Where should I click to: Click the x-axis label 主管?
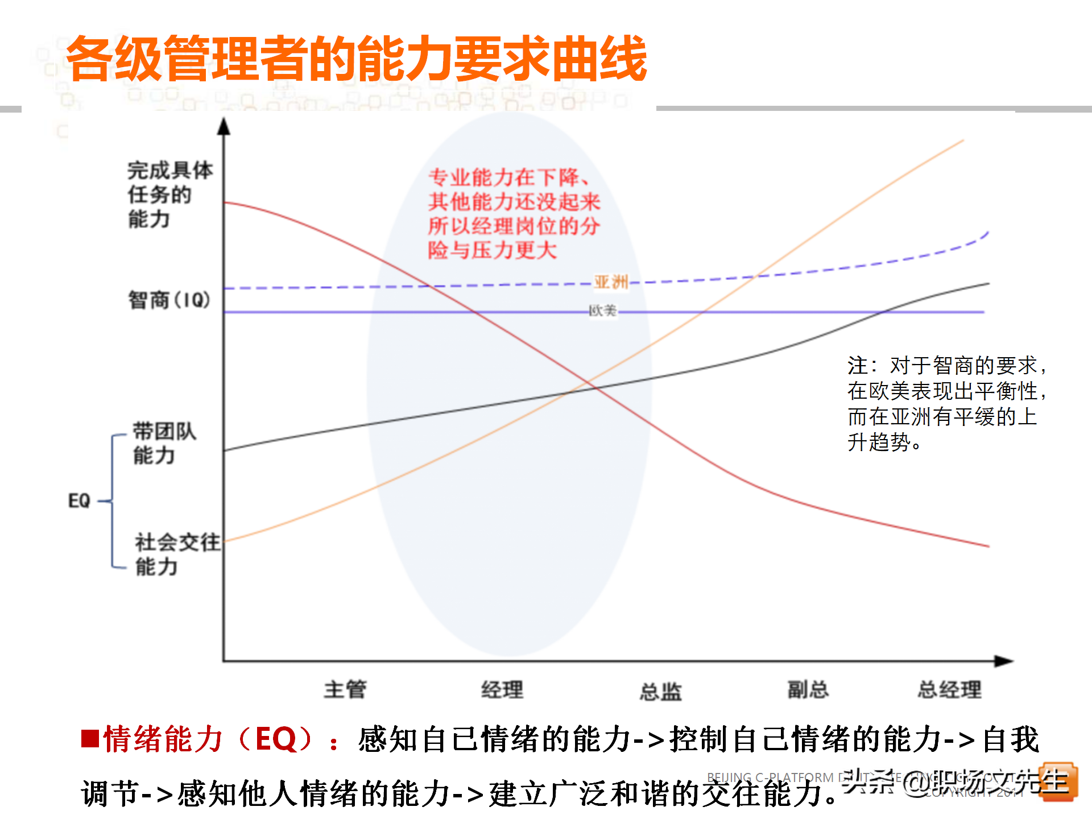[x=345, y=689]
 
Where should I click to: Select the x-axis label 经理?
[x=502, y=690]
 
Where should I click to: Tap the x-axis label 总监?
[x=660, y=692]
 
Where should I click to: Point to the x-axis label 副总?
[x=808, y=689]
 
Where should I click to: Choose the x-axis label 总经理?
[x=949, y=689]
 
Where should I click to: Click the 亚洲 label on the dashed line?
[x=611, y=282]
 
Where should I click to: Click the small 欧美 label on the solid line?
[x=602, y=311]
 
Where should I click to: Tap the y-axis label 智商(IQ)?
[x=169, y=300]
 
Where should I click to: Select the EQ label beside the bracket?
[x=79, y=500]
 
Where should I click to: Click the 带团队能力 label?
[x=164, y=443]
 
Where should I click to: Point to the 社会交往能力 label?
[x=176, y=554]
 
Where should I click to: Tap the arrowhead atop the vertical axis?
[x=224, y=126]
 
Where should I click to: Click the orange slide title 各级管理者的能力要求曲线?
[x=357, y=59]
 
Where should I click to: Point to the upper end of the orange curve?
[x=962, y=140]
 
